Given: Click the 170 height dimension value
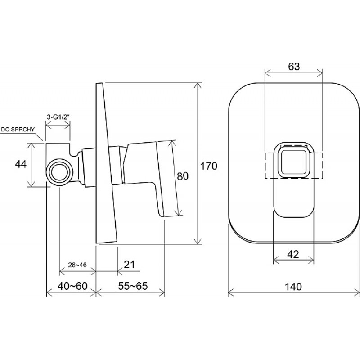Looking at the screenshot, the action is click(x=209, y=166).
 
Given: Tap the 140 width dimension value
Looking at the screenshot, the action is click(x=293, y=287).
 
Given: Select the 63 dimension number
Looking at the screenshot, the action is click(x=294, y=66).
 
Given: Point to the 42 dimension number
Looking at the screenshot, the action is click(x=293, y=254).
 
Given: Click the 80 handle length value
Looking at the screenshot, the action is click(x=183, y=176).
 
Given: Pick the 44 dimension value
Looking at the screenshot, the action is click(x=21, y=164).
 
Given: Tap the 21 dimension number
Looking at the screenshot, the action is click(x=129, y=265).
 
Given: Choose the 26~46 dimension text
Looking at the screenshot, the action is click(x=77, y=265).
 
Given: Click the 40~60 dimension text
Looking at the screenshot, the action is click(x=72, y=286).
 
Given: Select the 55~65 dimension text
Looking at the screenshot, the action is click(x=133, y=286).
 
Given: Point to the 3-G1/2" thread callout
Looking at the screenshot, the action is click(x=58, y=117).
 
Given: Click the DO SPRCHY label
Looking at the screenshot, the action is click(x=18, y=130).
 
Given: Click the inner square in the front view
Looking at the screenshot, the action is click(x=294, y=162).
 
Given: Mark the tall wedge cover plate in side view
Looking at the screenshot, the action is click(x=106, y=163).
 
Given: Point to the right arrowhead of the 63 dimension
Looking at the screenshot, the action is click(x=320, y=73).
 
